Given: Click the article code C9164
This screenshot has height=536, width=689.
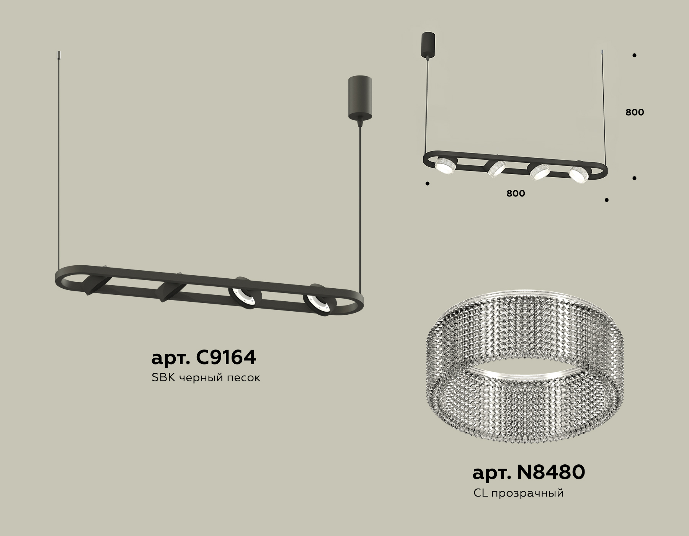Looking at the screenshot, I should (x=204, y=358).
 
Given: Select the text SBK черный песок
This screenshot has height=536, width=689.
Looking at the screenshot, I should (x=206, y=378).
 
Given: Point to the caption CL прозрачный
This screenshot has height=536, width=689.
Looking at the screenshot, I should (x=519, y=493).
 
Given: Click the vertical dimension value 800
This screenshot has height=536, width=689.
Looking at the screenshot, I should (x=635, y=112).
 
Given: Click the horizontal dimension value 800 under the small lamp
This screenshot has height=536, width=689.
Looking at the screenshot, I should (x=516, y=194).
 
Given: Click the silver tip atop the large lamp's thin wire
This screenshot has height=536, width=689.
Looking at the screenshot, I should (x=58, y=56).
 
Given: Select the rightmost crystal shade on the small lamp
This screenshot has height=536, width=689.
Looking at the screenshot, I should (x=578, y=174).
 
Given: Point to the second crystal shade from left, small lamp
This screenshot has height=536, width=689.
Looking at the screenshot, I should (x=496, y=169).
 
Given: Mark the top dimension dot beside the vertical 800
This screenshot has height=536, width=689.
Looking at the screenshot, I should (x=634, y=55).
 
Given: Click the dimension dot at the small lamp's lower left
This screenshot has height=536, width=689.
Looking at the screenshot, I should (x=428, y=184).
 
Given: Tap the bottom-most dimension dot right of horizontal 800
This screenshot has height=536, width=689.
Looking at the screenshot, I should (x=607, y=200).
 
